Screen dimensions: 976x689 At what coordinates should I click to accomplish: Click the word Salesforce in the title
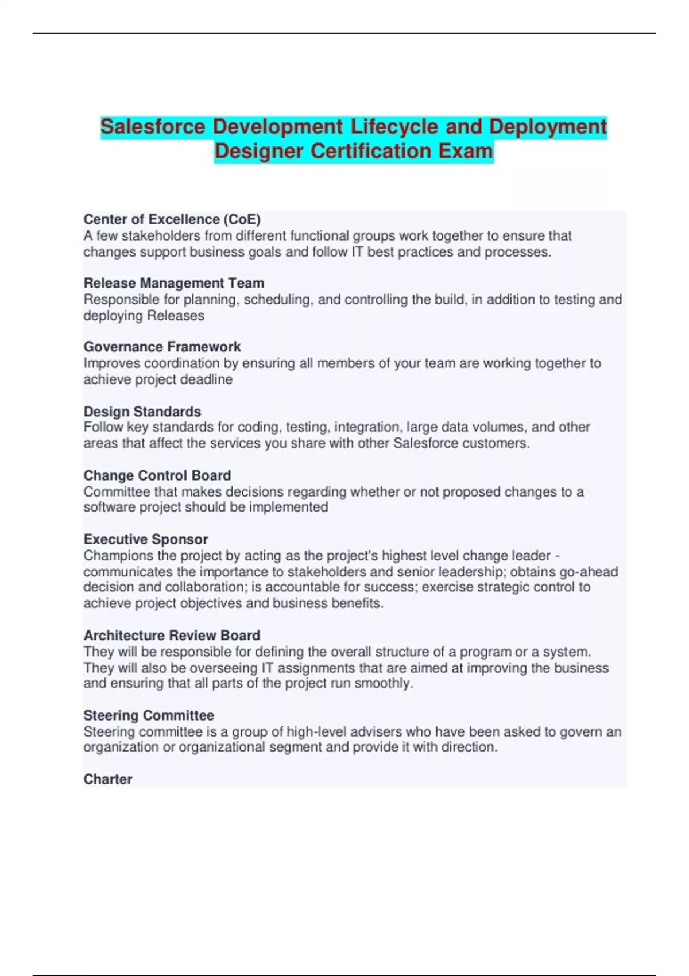(152, 127)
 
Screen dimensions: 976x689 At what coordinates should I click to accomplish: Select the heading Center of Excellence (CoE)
(172, 219)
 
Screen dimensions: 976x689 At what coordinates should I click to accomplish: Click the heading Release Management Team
(174, 283)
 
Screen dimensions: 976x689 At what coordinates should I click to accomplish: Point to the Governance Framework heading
(162, 347)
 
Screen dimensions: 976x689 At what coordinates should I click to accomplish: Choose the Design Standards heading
(142, 412)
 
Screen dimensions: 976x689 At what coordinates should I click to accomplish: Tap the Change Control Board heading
(157, 475)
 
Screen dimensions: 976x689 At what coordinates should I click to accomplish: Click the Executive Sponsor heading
(146, 539)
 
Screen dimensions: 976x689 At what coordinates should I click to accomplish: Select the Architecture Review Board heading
(172, 636)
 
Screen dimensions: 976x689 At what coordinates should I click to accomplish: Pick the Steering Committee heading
(149, 715)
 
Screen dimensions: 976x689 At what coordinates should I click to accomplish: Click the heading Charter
(108, 779)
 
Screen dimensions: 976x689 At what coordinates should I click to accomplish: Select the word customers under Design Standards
(496, 443)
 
